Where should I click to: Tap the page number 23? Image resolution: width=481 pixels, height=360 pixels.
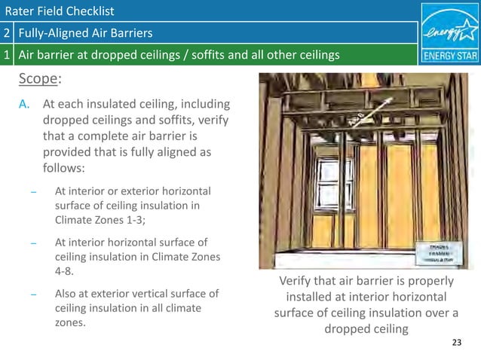point(455,343)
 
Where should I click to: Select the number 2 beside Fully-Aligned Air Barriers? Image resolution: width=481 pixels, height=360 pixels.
point(7,33)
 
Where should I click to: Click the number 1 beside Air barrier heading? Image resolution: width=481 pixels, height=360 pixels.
point(7,54)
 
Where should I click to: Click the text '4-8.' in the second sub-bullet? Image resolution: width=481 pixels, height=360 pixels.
point(65,272)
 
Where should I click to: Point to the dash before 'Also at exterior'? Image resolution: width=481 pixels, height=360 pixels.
point(33,294)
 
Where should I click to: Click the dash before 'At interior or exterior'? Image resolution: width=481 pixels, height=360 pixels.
point(33,191)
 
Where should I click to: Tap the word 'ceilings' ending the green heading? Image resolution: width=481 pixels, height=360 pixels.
point(317,54)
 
